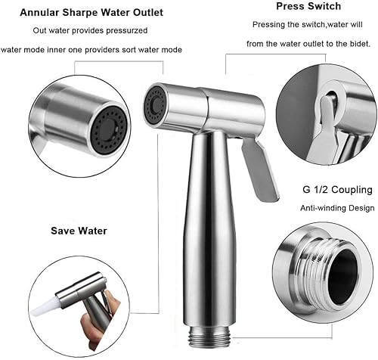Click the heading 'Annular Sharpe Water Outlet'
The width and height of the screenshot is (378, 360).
(x=91, y=13)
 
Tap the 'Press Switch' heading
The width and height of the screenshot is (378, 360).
(x=308, y=6)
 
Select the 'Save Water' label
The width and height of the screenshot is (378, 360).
(x=79, y=231)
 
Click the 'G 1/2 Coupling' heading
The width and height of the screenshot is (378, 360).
(x=337, y=190)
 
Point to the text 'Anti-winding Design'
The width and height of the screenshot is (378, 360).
(x=337, y=208)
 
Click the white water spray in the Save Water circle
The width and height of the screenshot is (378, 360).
(x=45, y=306)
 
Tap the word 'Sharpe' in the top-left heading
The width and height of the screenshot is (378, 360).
(x=78, y=13)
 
